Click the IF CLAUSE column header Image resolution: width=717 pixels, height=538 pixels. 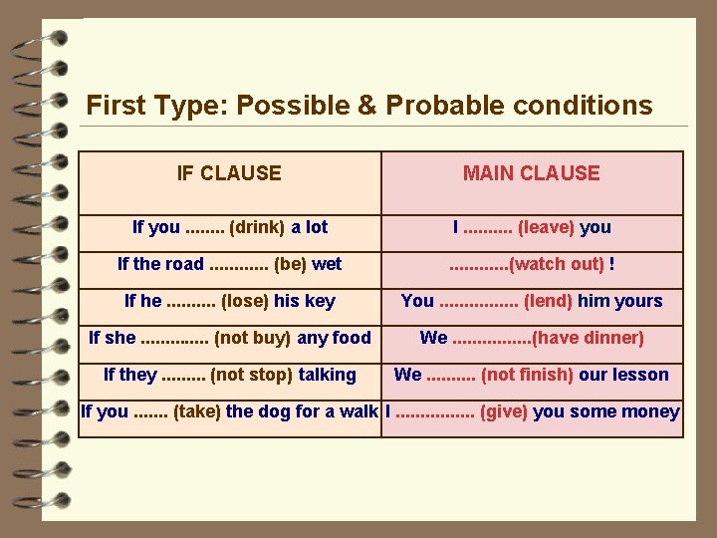point(229,173)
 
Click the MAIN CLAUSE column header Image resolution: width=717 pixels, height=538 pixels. point(531,173)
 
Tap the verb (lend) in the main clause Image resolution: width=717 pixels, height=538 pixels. point(548,301)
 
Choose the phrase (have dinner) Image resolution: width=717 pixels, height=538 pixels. point(589,338)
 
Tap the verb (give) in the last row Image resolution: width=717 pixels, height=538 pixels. point(505,411)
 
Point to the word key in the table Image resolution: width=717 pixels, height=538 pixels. point(322,301)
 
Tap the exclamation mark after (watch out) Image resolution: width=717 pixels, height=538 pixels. point(611,264)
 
